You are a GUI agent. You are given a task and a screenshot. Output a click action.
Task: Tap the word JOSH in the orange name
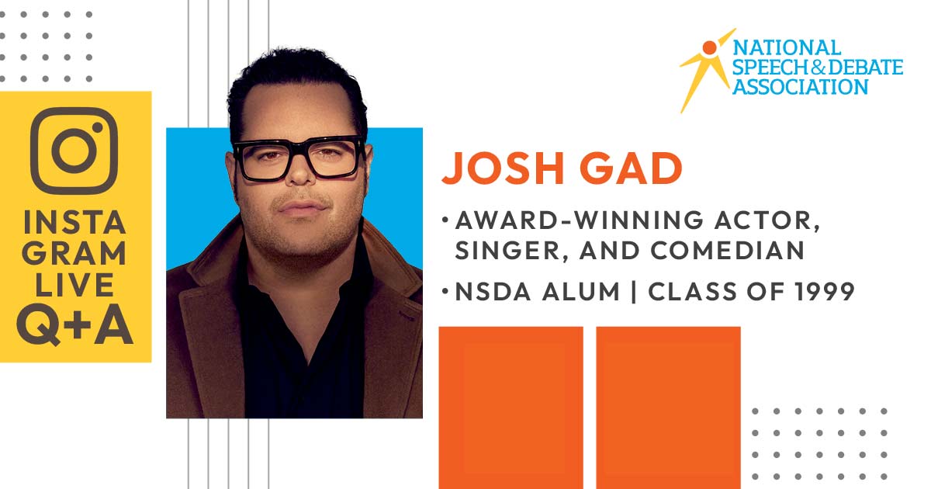(503, 168)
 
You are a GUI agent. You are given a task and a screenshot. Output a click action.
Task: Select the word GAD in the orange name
(632, 168)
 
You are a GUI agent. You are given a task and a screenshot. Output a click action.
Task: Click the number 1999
(825, 292)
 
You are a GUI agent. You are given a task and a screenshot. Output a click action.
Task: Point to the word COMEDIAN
(728, 250)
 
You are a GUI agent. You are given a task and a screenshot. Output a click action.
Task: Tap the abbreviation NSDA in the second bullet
(493, 292)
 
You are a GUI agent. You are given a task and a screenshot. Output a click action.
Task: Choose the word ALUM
(581, 292)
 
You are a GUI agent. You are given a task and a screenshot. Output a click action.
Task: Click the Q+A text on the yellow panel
(74, 324)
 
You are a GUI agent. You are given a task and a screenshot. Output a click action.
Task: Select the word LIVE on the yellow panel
(74, 286)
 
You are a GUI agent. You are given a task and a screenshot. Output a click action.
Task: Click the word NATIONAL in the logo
(787, 48)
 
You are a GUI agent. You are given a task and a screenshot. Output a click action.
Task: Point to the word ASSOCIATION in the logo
(801, 87)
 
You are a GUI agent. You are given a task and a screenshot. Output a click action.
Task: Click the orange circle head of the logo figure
(709, 47)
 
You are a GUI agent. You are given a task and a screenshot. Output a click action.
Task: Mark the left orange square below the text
(511, 408)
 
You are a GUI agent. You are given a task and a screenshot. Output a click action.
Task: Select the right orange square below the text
(668, 408)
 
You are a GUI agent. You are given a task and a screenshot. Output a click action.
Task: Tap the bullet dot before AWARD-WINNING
(445, 219)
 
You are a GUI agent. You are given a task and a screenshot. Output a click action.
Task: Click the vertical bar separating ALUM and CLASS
(634, 292)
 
